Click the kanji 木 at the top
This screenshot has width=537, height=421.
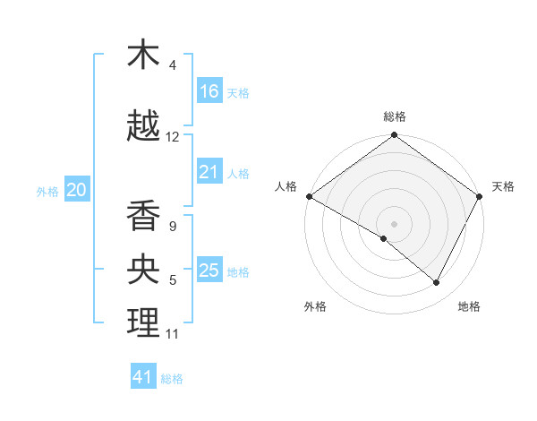143,56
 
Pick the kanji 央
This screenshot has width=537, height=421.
143,270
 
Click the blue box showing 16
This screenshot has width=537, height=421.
209,90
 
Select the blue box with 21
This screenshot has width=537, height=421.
209,172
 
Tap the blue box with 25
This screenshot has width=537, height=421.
209,271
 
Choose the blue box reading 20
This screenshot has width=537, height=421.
77,190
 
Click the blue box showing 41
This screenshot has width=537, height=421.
143,377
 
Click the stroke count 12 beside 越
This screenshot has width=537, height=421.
173,137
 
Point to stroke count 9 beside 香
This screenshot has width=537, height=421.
173,227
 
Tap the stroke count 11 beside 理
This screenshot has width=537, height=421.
173,334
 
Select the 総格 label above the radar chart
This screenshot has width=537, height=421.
395,116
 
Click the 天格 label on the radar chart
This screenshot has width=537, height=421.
503,186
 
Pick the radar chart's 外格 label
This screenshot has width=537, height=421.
315,307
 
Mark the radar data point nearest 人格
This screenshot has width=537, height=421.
309,196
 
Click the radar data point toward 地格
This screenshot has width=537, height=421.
437,283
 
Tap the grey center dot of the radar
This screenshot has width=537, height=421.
394,223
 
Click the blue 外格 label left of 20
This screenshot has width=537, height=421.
47,191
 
